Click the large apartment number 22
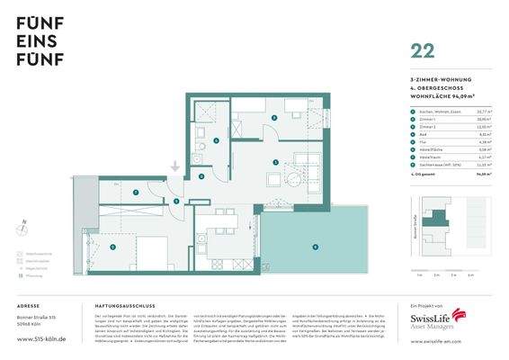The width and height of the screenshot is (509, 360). click(422, 50)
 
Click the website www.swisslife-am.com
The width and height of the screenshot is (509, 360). click(435, 342)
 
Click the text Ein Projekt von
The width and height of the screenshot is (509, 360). click(422, 306)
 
